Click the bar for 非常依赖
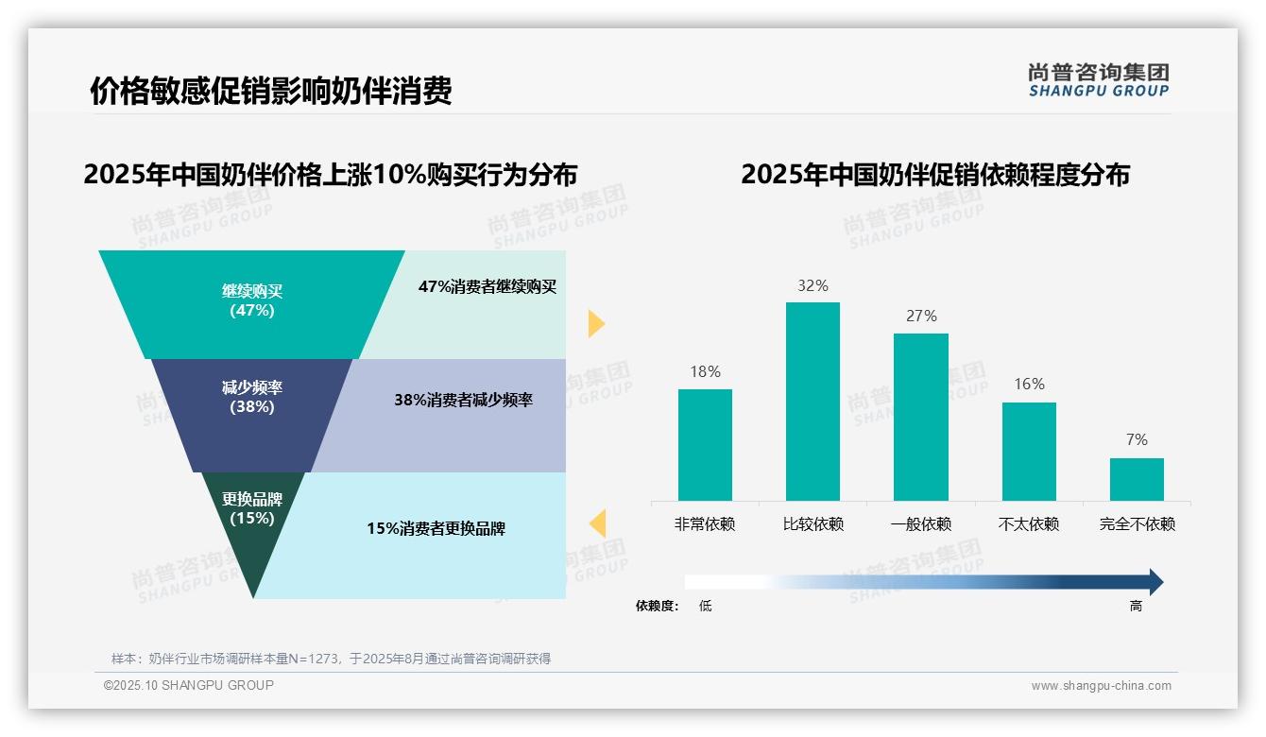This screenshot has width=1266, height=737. [705, 444]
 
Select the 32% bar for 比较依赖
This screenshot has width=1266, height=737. [813, 401]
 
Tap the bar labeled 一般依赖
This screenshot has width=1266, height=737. [921, 417]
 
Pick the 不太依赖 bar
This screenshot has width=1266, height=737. [1029, 451]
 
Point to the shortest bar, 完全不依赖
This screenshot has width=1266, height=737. [1137, 479]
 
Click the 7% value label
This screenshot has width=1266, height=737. [1137, 439]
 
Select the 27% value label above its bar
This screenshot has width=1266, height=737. [921, 316]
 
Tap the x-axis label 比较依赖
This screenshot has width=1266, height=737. [813, 524]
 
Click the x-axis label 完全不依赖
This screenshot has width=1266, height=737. [1137, 524]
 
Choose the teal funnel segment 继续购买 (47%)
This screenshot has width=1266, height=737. [251, 302]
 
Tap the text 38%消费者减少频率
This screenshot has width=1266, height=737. [463, 400]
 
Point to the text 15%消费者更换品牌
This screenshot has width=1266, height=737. [436, 529]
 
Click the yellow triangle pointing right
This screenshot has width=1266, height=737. [595, 323]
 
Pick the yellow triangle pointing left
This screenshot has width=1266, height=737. [597, 523]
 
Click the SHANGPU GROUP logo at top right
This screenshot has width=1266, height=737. [1098, 80]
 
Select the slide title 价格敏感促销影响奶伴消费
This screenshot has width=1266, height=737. [271, 91]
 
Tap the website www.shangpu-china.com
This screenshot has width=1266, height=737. [1101, 686]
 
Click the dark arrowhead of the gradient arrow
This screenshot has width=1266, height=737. [1155, 582]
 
